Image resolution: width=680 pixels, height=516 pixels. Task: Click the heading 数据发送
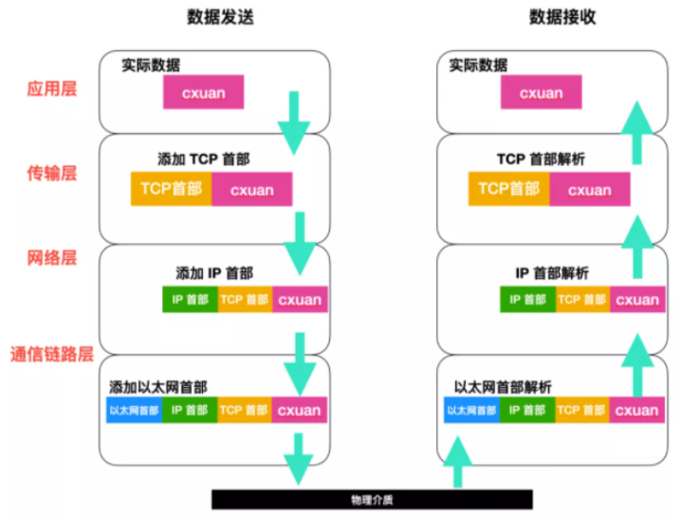tap(220, 17)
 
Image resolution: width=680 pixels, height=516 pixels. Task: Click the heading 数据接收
tap(562, 17)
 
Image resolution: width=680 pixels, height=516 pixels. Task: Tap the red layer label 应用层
tap(52, 89)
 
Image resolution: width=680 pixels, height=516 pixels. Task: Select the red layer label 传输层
tap(52, 173)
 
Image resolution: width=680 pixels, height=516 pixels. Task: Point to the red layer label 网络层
tap(52, 258)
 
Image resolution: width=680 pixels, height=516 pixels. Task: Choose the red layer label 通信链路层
tap(52, 354)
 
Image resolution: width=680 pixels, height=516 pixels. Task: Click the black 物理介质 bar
tap(372, 500)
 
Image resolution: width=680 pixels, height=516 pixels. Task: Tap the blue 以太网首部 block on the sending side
tap(135, 410)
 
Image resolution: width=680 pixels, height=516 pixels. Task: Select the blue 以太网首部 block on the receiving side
tap(472, 410)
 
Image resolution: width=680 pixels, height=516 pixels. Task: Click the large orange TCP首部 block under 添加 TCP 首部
tap(172, 189)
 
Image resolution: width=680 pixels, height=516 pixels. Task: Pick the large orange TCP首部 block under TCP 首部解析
tap(508, 189)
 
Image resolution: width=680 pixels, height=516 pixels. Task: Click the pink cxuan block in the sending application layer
tap(203, 92)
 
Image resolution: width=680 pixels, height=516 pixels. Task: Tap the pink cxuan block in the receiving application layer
tap(542, 92)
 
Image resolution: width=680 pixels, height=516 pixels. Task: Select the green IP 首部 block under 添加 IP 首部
tap(191, 299)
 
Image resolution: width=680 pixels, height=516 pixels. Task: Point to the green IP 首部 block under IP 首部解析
tap(527, 299)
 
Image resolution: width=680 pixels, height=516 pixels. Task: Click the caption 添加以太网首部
tap(158, 387)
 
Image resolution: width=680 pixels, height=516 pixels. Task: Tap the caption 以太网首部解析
tap(503, 387)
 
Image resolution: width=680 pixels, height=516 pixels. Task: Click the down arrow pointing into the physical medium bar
tap(299, 459)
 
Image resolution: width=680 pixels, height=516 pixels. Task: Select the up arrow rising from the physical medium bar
tap(457, 461)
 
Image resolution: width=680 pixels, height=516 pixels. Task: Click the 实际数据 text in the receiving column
tap(478, 65)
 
